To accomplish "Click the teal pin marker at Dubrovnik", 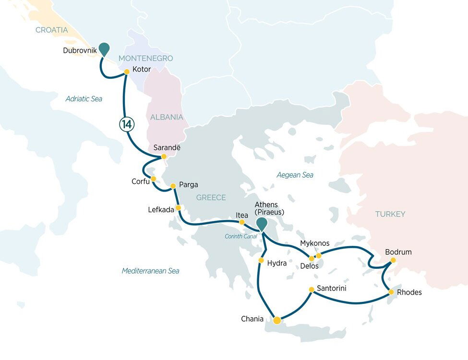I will coord(104,49).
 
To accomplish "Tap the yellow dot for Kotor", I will coord(127,72).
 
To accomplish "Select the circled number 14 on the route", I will coord(127,124).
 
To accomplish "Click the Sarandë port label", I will coord(167,147).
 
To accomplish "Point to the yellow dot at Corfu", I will coord(154,179).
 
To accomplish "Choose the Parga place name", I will coord(188,184).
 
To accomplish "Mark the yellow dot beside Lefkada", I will coord(178,208).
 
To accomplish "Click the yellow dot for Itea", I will coord(242,222).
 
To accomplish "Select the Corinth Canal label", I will coord(240,236).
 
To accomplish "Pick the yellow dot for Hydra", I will coord(261,260).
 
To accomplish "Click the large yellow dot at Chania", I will coord(277,320).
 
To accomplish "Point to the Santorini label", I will coord(332,288).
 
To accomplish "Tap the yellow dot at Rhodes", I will coord(391,292).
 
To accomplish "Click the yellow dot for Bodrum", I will coord(393,260).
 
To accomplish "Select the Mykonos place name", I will coord(314,243).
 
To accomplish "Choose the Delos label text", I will coord(310,266).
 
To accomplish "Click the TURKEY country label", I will coord(390,214).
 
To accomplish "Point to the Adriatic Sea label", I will coord(84,99).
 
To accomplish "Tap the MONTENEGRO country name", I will coord(145,59).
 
